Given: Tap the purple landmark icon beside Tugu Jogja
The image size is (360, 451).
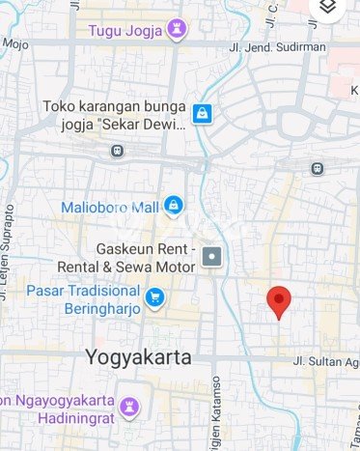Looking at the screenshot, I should click(x=176, y=30).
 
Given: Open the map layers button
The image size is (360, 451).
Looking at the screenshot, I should click(x=328, y=8).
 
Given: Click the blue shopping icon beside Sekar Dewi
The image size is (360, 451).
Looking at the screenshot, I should click(x=202, y=114).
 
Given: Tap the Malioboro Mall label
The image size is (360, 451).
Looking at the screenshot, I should click(x=109, y=206).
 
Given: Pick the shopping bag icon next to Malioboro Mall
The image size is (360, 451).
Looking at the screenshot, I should click(x=172, y=205).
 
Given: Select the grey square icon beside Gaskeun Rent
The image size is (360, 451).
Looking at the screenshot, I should click(x=213, y=257).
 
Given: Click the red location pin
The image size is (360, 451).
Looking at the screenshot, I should click(x=279, y=301).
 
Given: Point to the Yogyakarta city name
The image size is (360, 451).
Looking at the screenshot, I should click(x=138, y=356).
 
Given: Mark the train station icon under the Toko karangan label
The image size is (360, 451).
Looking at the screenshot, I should click(x=118, y=151).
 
